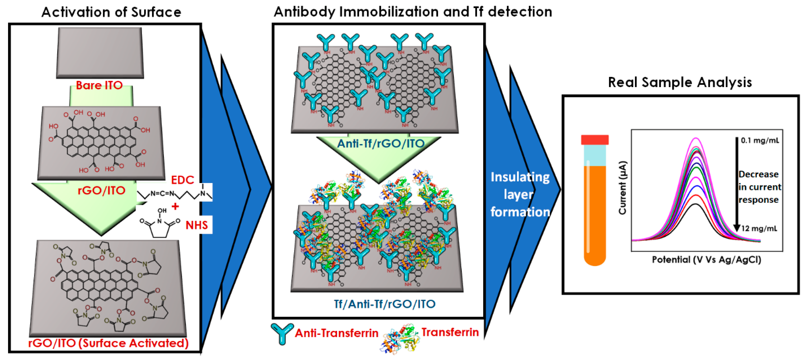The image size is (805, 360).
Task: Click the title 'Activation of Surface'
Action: pyautogui.click(x=111, y=12)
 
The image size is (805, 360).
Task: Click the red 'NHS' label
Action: pyautogui.click(x=197, y=225)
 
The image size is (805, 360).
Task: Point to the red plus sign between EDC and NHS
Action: pyautogui.click(x=175, y=206)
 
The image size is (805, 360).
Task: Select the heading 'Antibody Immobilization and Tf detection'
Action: pyautogui.click(x=413, y=12)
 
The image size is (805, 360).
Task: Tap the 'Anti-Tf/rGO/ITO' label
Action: pyautogui.click(x=381, y=143)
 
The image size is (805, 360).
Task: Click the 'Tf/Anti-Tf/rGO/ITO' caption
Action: pyautogui.click(x=384, y=304)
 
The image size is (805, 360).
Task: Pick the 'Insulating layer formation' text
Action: pyautogui.click(x=520, y=194)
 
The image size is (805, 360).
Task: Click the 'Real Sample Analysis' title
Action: pyautogui.click(x=680, y=82)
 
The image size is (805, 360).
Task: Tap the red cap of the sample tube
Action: pyautogui.click(x=595, y=140)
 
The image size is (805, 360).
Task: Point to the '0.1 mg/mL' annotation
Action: pyautogui.click(x=760, y=140)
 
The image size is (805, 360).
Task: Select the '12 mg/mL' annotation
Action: pyautogui.click(x=759, y=228)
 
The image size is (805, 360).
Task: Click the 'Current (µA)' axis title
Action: pyautogui.click(x=623, y=187)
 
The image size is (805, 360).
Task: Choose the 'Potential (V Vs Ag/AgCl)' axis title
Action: pyautogui.click(x=706, y=260)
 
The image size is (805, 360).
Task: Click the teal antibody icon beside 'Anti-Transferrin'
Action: pyautogui.click(x=282, y=333)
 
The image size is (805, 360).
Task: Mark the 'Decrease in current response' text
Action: pyautogui.click(x=759, y=187)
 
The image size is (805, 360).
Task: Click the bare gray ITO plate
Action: pyautogui.click(x=100, y=52)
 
